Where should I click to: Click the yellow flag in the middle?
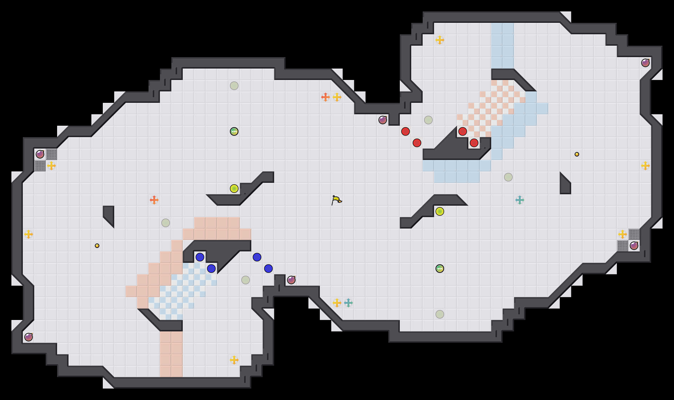[x=336, y=200]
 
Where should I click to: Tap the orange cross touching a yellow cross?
[x=326, y=97]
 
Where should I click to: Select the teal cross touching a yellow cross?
[x=348, y=303]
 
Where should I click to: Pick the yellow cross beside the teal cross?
[x=337, y=303]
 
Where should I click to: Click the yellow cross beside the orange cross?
[x=337, y=97]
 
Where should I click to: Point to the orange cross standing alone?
[x=154, y=200]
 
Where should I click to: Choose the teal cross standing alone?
[x=520, y=200]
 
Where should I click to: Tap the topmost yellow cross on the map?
[x=440, y=40]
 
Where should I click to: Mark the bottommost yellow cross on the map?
[x=234, y=360]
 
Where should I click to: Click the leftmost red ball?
[x=406, y=131]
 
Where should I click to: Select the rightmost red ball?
[x=474, y=143]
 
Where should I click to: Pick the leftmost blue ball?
[x=200, y=257]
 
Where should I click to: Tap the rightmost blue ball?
[x=268, y=269]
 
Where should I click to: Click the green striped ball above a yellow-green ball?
[x=234, y=131]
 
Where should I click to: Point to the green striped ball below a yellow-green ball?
[x=440, y=269]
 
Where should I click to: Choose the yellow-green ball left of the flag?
[x=234, y=189]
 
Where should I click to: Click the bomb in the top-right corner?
[x=645, y=63]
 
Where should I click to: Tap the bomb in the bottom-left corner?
[x=29, y=337]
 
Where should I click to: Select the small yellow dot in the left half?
[x=97, y=246]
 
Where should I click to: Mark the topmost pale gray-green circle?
[x=234, y=86]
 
